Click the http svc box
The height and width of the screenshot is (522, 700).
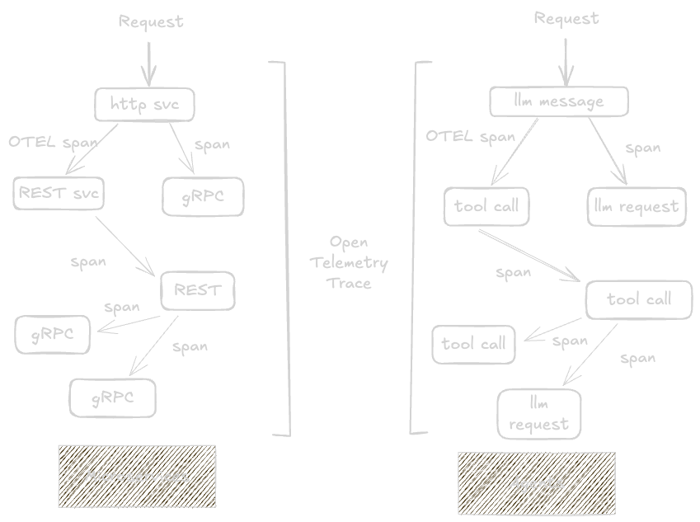144,104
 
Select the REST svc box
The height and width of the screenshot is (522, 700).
59,194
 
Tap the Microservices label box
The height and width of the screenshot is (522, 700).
137,476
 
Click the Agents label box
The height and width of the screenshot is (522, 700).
537,482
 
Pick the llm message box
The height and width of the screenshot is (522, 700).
559,101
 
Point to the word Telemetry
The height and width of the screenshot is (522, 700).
350,263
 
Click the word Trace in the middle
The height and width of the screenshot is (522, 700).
350,283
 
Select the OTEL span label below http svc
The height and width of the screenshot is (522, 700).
53,142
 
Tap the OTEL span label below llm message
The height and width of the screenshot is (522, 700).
470,136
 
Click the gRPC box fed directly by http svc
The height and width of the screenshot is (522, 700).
203,196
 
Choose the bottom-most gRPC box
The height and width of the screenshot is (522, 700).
113,398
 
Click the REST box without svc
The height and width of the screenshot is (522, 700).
197,290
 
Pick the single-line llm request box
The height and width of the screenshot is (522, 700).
637,206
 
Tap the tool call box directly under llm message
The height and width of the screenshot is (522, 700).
486,206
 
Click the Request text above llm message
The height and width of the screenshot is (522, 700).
566,18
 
